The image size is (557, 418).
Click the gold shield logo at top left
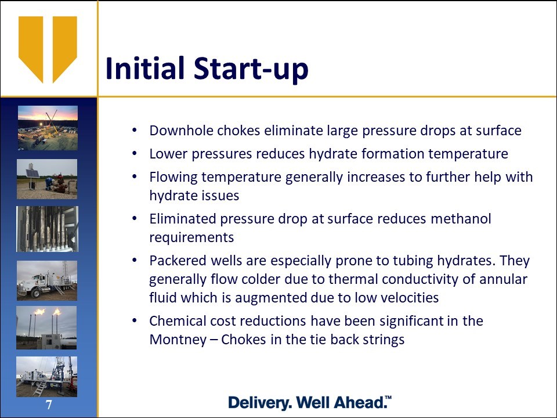pyautogui.click(x=48, y=49)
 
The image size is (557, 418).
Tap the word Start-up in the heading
pyautogui.click(x=251, y=69)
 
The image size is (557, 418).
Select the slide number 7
pyautogui.click(x=49, y=405)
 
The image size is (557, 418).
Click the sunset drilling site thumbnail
pyautogui.click(x=48, y=128)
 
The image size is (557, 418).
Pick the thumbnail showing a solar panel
pyautogui.click(x=47, y=179)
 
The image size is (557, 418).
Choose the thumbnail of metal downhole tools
pyautogui.click(x=47, y=229)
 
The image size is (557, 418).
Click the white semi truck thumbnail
pyautogui.click(x=47, y=280)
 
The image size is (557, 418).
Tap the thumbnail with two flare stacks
pyautogui.click(x=46, y=327)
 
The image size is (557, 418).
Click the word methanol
pyautogui.click(x=461, y=219)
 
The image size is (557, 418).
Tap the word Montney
pyautogui.click(x=178, y=340)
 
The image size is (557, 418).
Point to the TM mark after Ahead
pyautogui.click(x=388, y=398)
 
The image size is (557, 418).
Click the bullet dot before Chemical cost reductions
pyautogui.click(x=134, y=320)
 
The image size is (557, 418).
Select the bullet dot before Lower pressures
pyautogui.click(x=134, y=153)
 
